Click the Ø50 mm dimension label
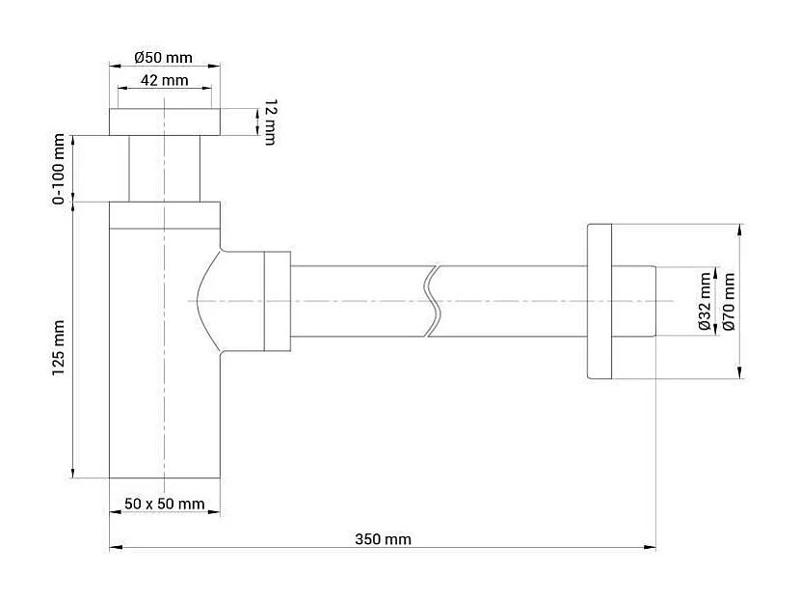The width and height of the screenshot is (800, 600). coord(164,56)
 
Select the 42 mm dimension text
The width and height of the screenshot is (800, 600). coord(164,80)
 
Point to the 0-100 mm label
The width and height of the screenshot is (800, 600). coord(60,170)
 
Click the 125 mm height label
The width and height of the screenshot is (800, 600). coord(60,346)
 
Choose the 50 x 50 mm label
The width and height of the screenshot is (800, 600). coord(165,504)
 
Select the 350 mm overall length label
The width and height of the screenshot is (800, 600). coord(384,539)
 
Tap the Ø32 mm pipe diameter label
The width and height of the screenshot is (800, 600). coord(705,301)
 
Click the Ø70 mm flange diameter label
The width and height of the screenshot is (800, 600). coord(729,301)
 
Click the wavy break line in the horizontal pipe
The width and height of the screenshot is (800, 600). coord(433,301)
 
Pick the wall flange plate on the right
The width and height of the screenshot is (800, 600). coord(598,302)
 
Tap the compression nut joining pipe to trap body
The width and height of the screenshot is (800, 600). coord(277,301)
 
